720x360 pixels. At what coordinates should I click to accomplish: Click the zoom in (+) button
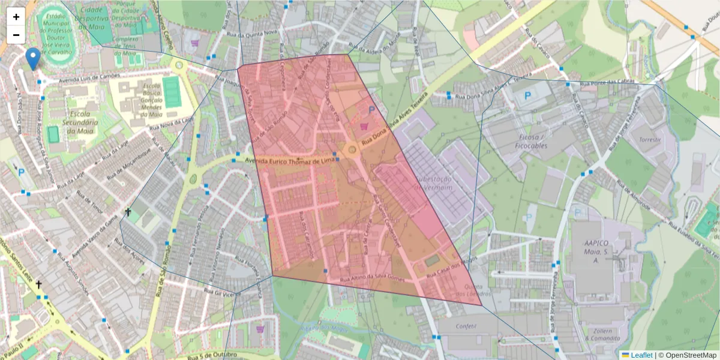pos(16,17)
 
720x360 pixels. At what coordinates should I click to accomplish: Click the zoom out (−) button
pos(16,35)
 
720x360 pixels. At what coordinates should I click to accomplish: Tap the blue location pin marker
pos(34,59)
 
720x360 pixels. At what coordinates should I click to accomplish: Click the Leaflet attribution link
pos(637,355)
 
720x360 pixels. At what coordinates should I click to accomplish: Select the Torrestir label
pos(650,139)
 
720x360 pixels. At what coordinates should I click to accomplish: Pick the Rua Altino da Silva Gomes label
pos(371,279)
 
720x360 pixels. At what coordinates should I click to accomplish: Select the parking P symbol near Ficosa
pos(528,95)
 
